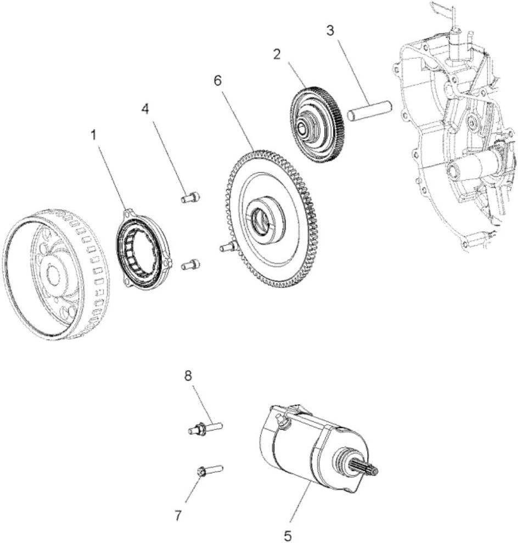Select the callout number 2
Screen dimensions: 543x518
277,54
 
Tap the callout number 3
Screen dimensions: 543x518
329,30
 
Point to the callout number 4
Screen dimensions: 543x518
145,109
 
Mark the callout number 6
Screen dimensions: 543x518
218,81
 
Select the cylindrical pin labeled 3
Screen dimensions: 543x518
368,111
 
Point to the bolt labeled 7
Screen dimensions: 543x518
209,470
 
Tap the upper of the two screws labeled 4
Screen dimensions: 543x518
190,197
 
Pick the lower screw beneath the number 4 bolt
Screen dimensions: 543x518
190,265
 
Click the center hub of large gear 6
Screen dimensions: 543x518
262,220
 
